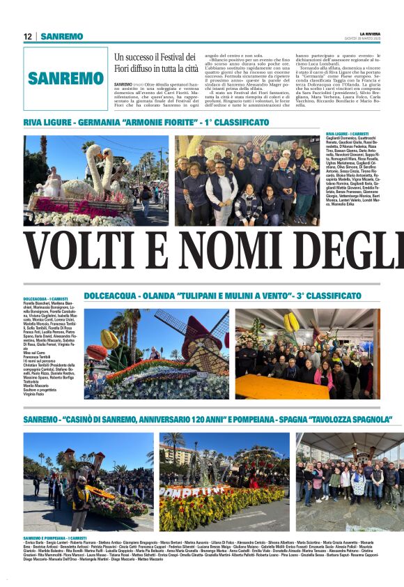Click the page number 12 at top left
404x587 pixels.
(28, 36)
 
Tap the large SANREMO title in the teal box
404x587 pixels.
(65, 79)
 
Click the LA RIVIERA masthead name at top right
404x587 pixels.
(370, 33)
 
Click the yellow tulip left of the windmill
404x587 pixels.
(109, 340)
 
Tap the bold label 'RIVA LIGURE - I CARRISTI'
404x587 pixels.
(347, 133)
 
